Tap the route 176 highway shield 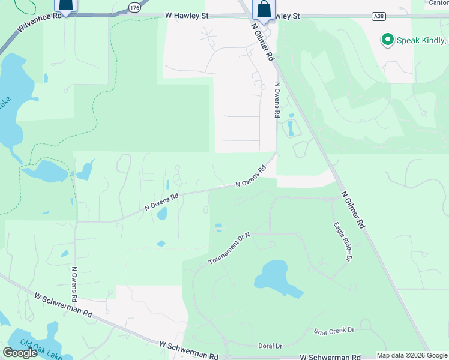pyautogui.click(x=134, y=7)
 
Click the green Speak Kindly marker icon pyautogui.click(x=387, y=41)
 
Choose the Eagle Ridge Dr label pyautogui.click(x=342, y=241)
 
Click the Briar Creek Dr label pyautogui.click(x=334, y=331)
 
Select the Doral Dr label pyautogui.click(x=270, y=346)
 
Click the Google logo pyautogui.click(x=20, y=353)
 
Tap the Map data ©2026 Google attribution pyautogui.click(x=412, y=355)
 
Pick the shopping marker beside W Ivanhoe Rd pyautogui.click(x=66, y=5)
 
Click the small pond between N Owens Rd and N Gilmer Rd pyautogui.click(x=291, y=128)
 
